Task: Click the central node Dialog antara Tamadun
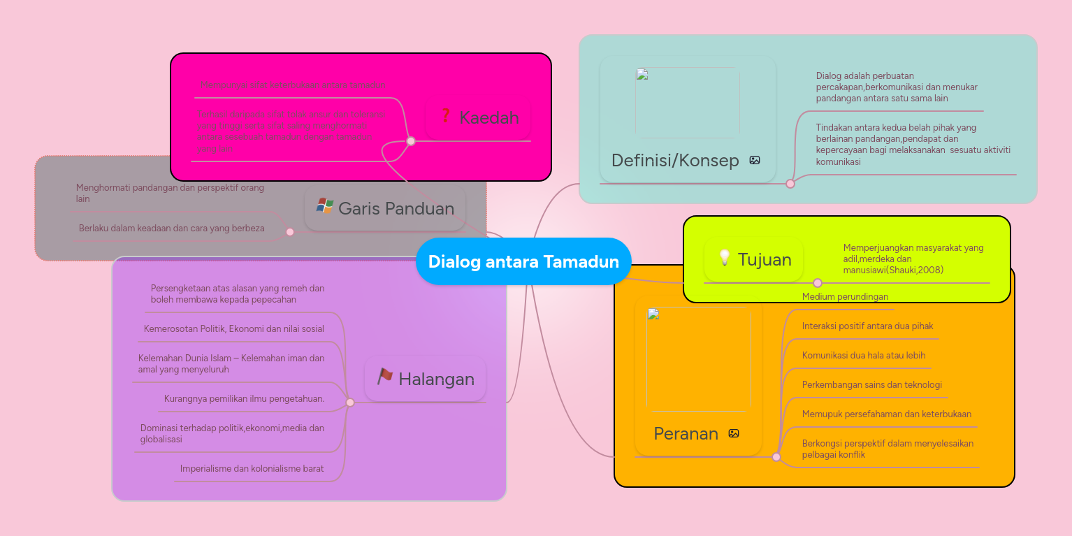[x=523, y=261]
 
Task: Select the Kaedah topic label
[x=488, y=118]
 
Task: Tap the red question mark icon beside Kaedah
[x=445, y=116]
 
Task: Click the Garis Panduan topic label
[x=396, y=208]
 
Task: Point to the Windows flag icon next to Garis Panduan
[x=324, y=205]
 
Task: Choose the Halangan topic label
[x=436, y=379]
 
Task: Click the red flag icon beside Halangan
[x=384, y=377]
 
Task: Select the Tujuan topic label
[x=765, y=260]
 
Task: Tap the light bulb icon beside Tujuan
[x=724, y=259]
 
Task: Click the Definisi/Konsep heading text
[x=675, y=161]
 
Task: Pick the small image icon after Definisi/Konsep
[x=755, y=160]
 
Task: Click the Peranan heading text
[x=686, y=434]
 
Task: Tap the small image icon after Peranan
[x=734, y=433]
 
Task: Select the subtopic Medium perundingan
[x=845, y=297]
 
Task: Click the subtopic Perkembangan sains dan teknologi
[x=871, y=384]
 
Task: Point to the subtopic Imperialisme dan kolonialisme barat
[x=252, y=468]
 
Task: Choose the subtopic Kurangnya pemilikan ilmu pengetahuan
[x=244, y=398]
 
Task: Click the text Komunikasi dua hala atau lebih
[x=863, y=355]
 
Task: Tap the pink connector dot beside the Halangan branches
[x=350, y=403]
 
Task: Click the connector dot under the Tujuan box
[x=817, y=283]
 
